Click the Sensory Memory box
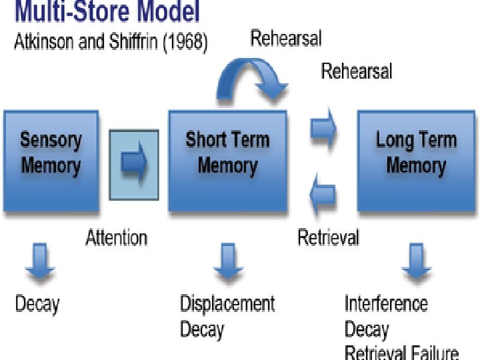pyautogui.click(x=51, y=161)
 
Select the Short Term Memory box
pyautogui.click(x=227, y=161)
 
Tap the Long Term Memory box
pyautogui.click(x=416, y=161)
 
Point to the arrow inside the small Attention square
pyautogui.click(x=134, y=161)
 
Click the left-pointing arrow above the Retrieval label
pyautogui.click(x=324, y=194)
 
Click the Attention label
pyautogui.click(x=117, y=237)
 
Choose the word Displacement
pyautogui.click(x=227, y=304)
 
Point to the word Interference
pyautogui.click(x=386, y=304)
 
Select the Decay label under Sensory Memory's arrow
pyautogui.click(x=37, y=305)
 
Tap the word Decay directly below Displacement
pyautogui.click(x=202, y=329)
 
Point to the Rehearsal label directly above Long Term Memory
pyautogui.click(x=357, y=71)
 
